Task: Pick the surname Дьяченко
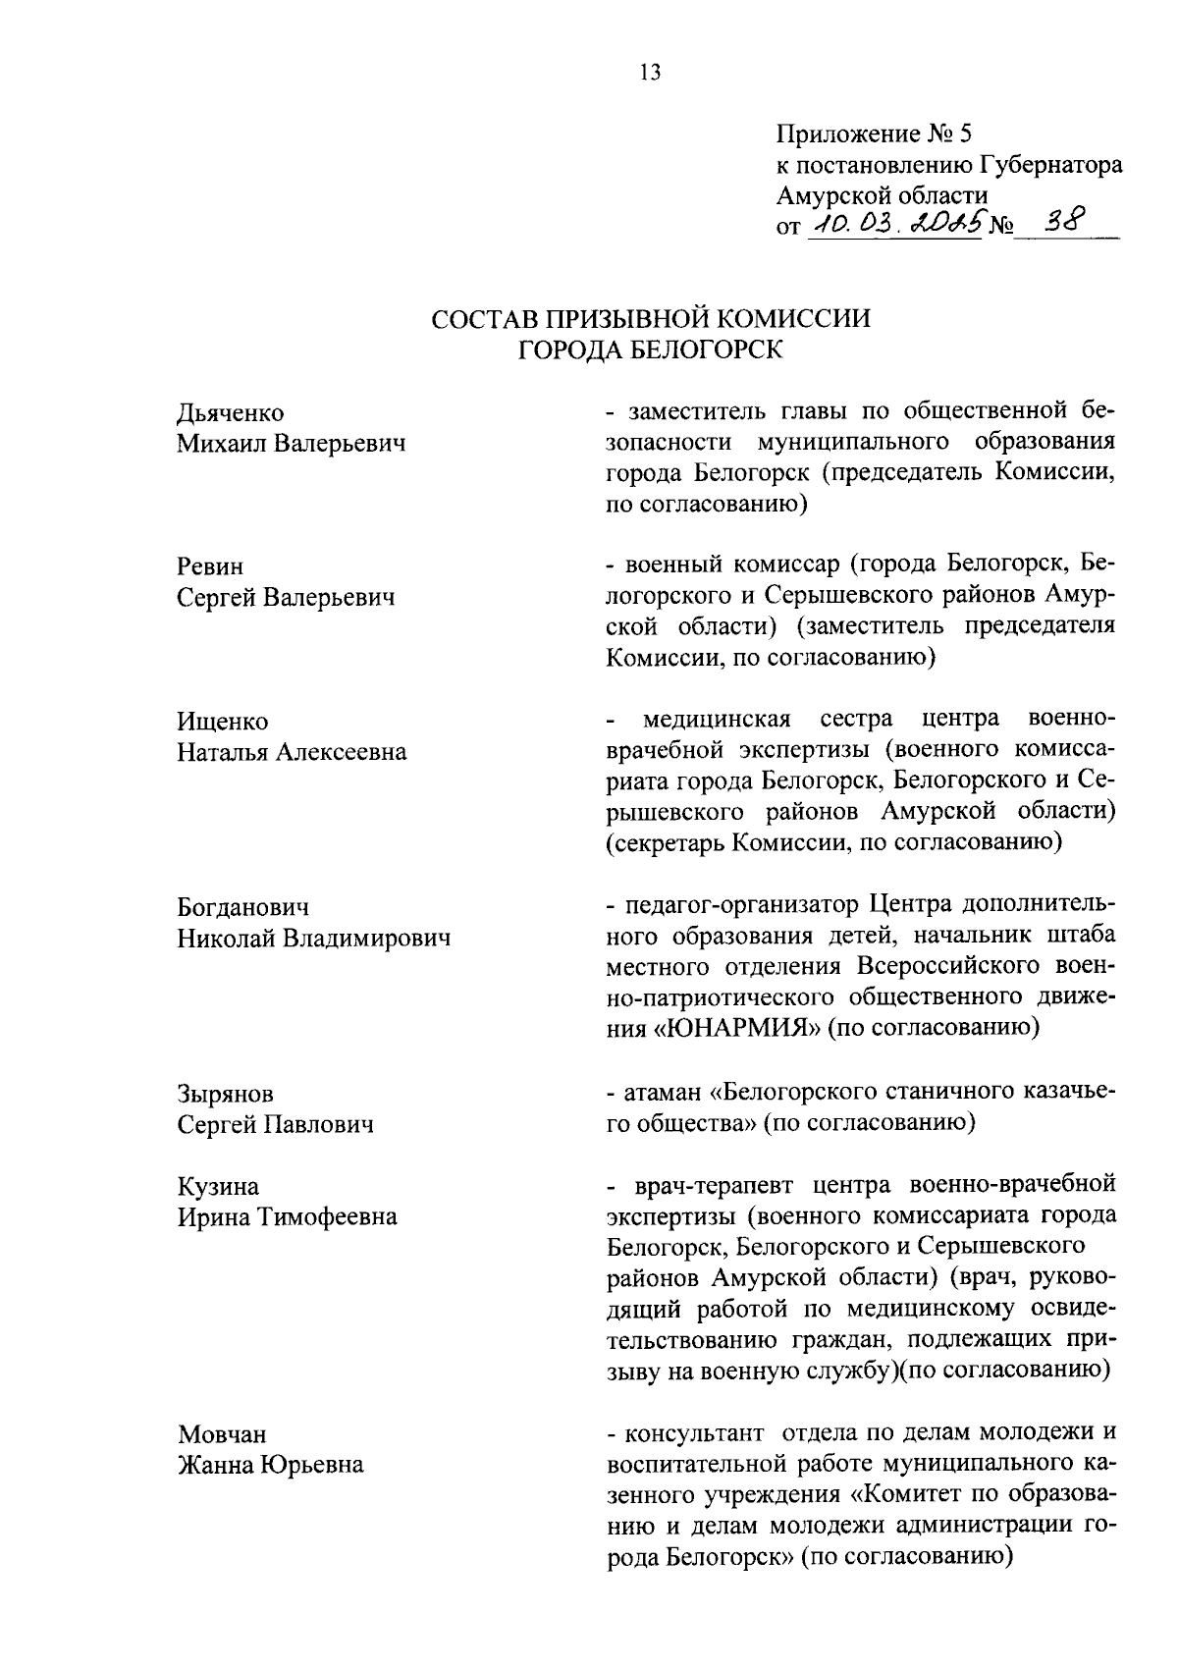click(231, 413)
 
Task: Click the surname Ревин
click(210, 566)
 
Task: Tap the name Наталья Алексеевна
click(292, 753)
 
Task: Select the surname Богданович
click(242, 907)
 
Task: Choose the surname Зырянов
click(226, 1093)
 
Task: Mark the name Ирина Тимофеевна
click(287, 1217)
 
